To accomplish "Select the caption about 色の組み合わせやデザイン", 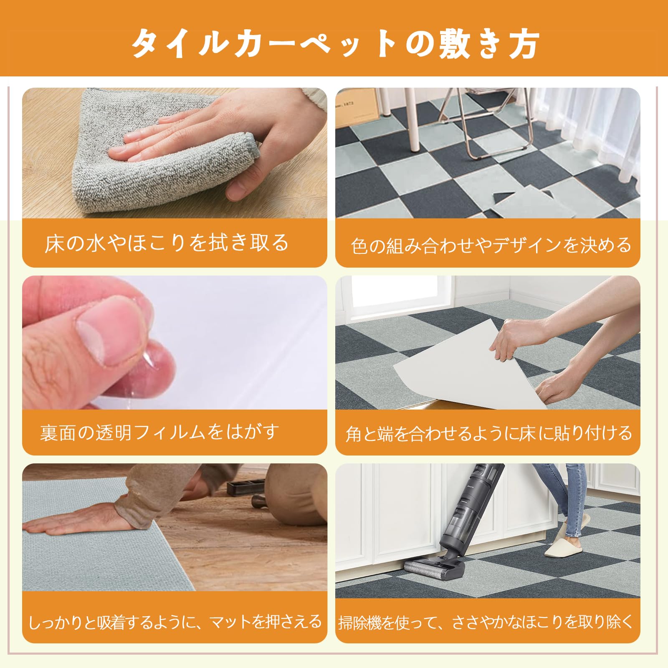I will pyautogui.click(x=491, y=245).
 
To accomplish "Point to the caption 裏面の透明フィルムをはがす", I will pyautogui.click(x=159, y=432).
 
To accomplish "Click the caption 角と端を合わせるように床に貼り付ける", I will pyautogui.click(x=488, y=433).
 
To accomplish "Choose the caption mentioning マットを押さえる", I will pyautogui.click(x=175, y=622).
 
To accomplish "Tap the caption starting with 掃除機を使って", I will pyautogui.click(x=486, y=622).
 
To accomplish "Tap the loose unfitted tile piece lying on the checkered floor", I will pyautogui.click(x=526, y=202).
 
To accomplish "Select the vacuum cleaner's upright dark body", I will pyautogui.click(x=468, y=514).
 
